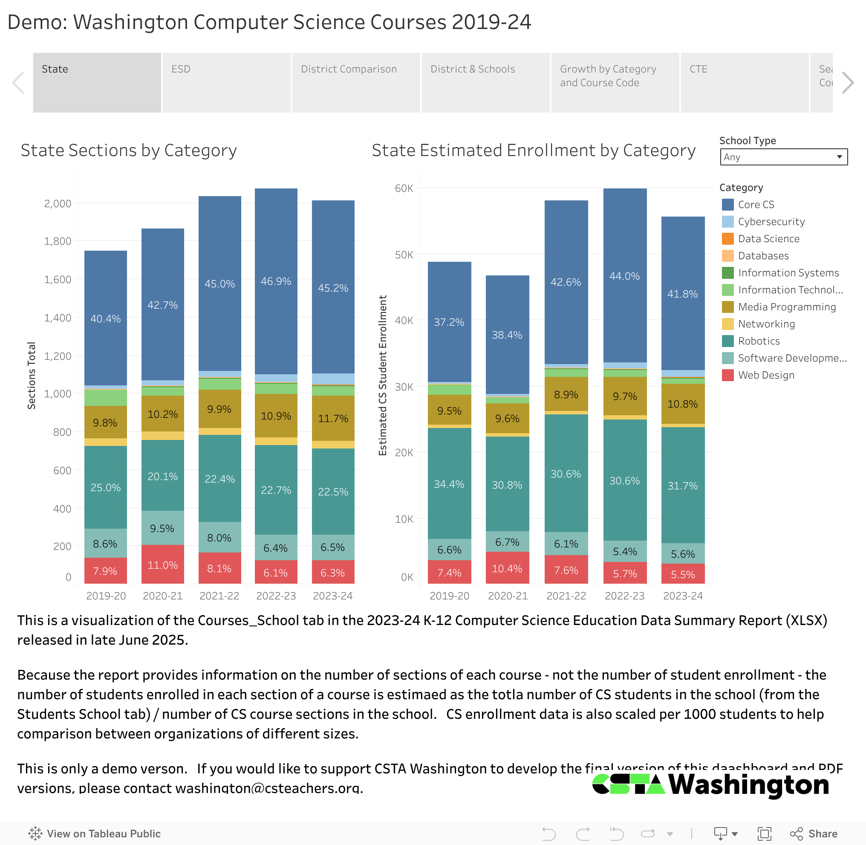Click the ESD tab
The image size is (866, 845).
(226, 82)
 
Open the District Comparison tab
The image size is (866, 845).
(356, 82)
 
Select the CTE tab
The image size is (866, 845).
(745, 82)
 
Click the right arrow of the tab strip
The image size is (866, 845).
(847, 83)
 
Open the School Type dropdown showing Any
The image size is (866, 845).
(783, 157)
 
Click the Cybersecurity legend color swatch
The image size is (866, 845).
(727, 221)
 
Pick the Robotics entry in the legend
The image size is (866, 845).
(759, 341)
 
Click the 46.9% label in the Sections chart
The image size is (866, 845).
(276, 281)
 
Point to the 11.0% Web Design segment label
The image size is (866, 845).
(162, 565)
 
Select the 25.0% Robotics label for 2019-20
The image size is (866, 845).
(106, 487)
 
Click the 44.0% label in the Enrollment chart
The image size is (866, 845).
(625, 276)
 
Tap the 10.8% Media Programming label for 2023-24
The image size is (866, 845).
(682, 404)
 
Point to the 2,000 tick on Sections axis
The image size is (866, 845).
(58, 204)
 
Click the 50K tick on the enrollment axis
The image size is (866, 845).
(404, 255)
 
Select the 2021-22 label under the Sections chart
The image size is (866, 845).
(219, 596)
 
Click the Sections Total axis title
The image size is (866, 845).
(32, 376)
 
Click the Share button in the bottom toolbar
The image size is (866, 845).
(814, 833)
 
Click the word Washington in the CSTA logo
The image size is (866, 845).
(749, 784)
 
